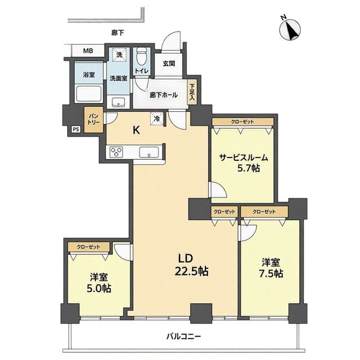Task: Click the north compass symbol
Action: coord(290,29)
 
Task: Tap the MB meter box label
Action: coord(88,51)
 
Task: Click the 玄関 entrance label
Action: coord(169,64)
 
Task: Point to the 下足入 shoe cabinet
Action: coord(192,92)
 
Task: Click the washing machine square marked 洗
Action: coord(119,55)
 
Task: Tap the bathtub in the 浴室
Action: coord(89,94)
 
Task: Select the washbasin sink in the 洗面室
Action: coord(119,102)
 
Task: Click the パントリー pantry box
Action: coord(93,119)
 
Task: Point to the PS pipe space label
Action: coord(76,129)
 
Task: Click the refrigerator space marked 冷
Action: coord(157,119)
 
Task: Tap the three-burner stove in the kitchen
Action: coord(116,152)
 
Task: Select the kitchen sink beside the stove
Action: coord(149,152)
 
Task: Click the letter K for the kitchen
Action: coord(137,130)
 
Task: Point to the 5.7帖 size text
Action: coord(249,169)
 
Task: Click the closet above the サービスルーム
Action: coord(242,121)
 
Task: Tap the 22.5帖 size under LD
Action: coord(191,271)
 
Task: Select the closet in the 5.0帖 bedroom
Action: coord(89,247)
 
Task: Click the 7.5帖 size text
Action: coord(271,273)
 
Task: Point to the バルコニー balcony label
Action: coord(184,337)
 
